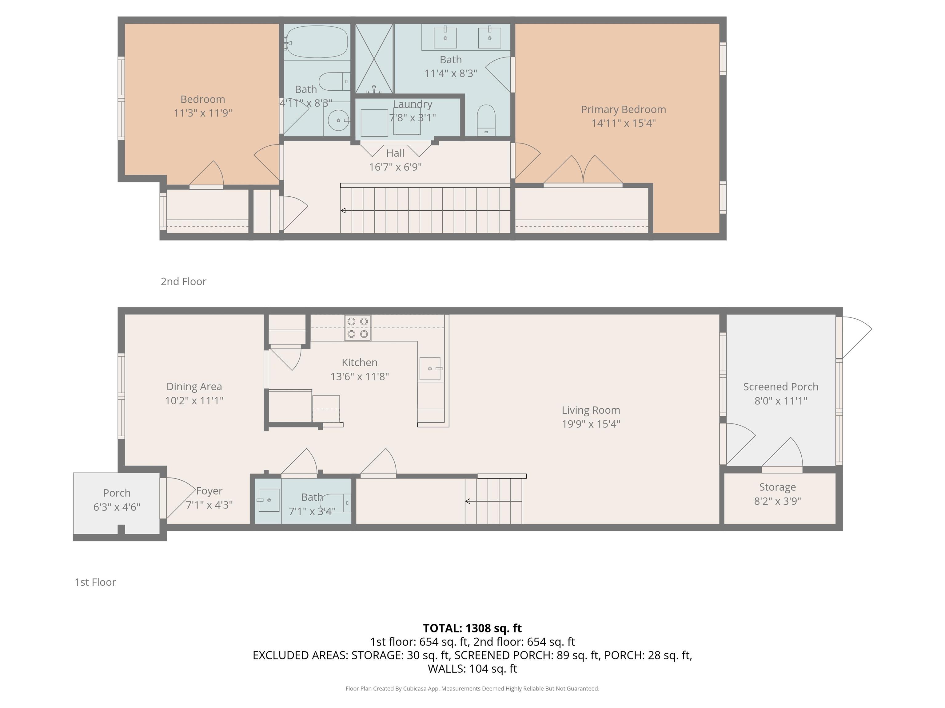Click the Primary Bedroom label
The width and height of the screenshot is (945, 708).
(623, 110)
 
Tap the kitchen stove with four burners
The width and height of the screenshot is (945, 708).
(357, 328)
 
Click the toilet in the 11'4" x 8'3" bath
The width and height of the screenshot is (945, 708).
(486, 118)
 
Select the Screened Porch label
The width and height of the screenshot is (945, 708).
(780, 387)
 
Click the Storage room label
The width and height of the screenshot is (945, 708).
(777, 487)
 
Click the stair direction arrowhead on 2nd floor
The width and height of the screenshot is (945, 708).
(343, 210)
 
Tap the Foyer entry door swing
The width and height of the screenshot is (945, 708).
(179, 497)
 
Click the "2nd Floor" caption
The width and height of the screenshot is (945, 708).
(183, 281)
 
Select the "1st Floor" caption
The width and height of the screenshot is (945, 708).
(95, 582)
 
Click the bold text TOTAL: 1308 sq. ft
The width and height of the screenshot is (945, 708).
(472, 628)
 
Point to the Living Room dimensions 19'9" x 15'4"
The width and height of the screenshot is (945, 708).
(591, 424)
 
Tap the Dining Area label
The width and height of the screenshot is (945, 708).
(194, 387)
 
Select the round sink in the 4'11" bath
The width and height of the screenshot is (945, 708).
(338, 120)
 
